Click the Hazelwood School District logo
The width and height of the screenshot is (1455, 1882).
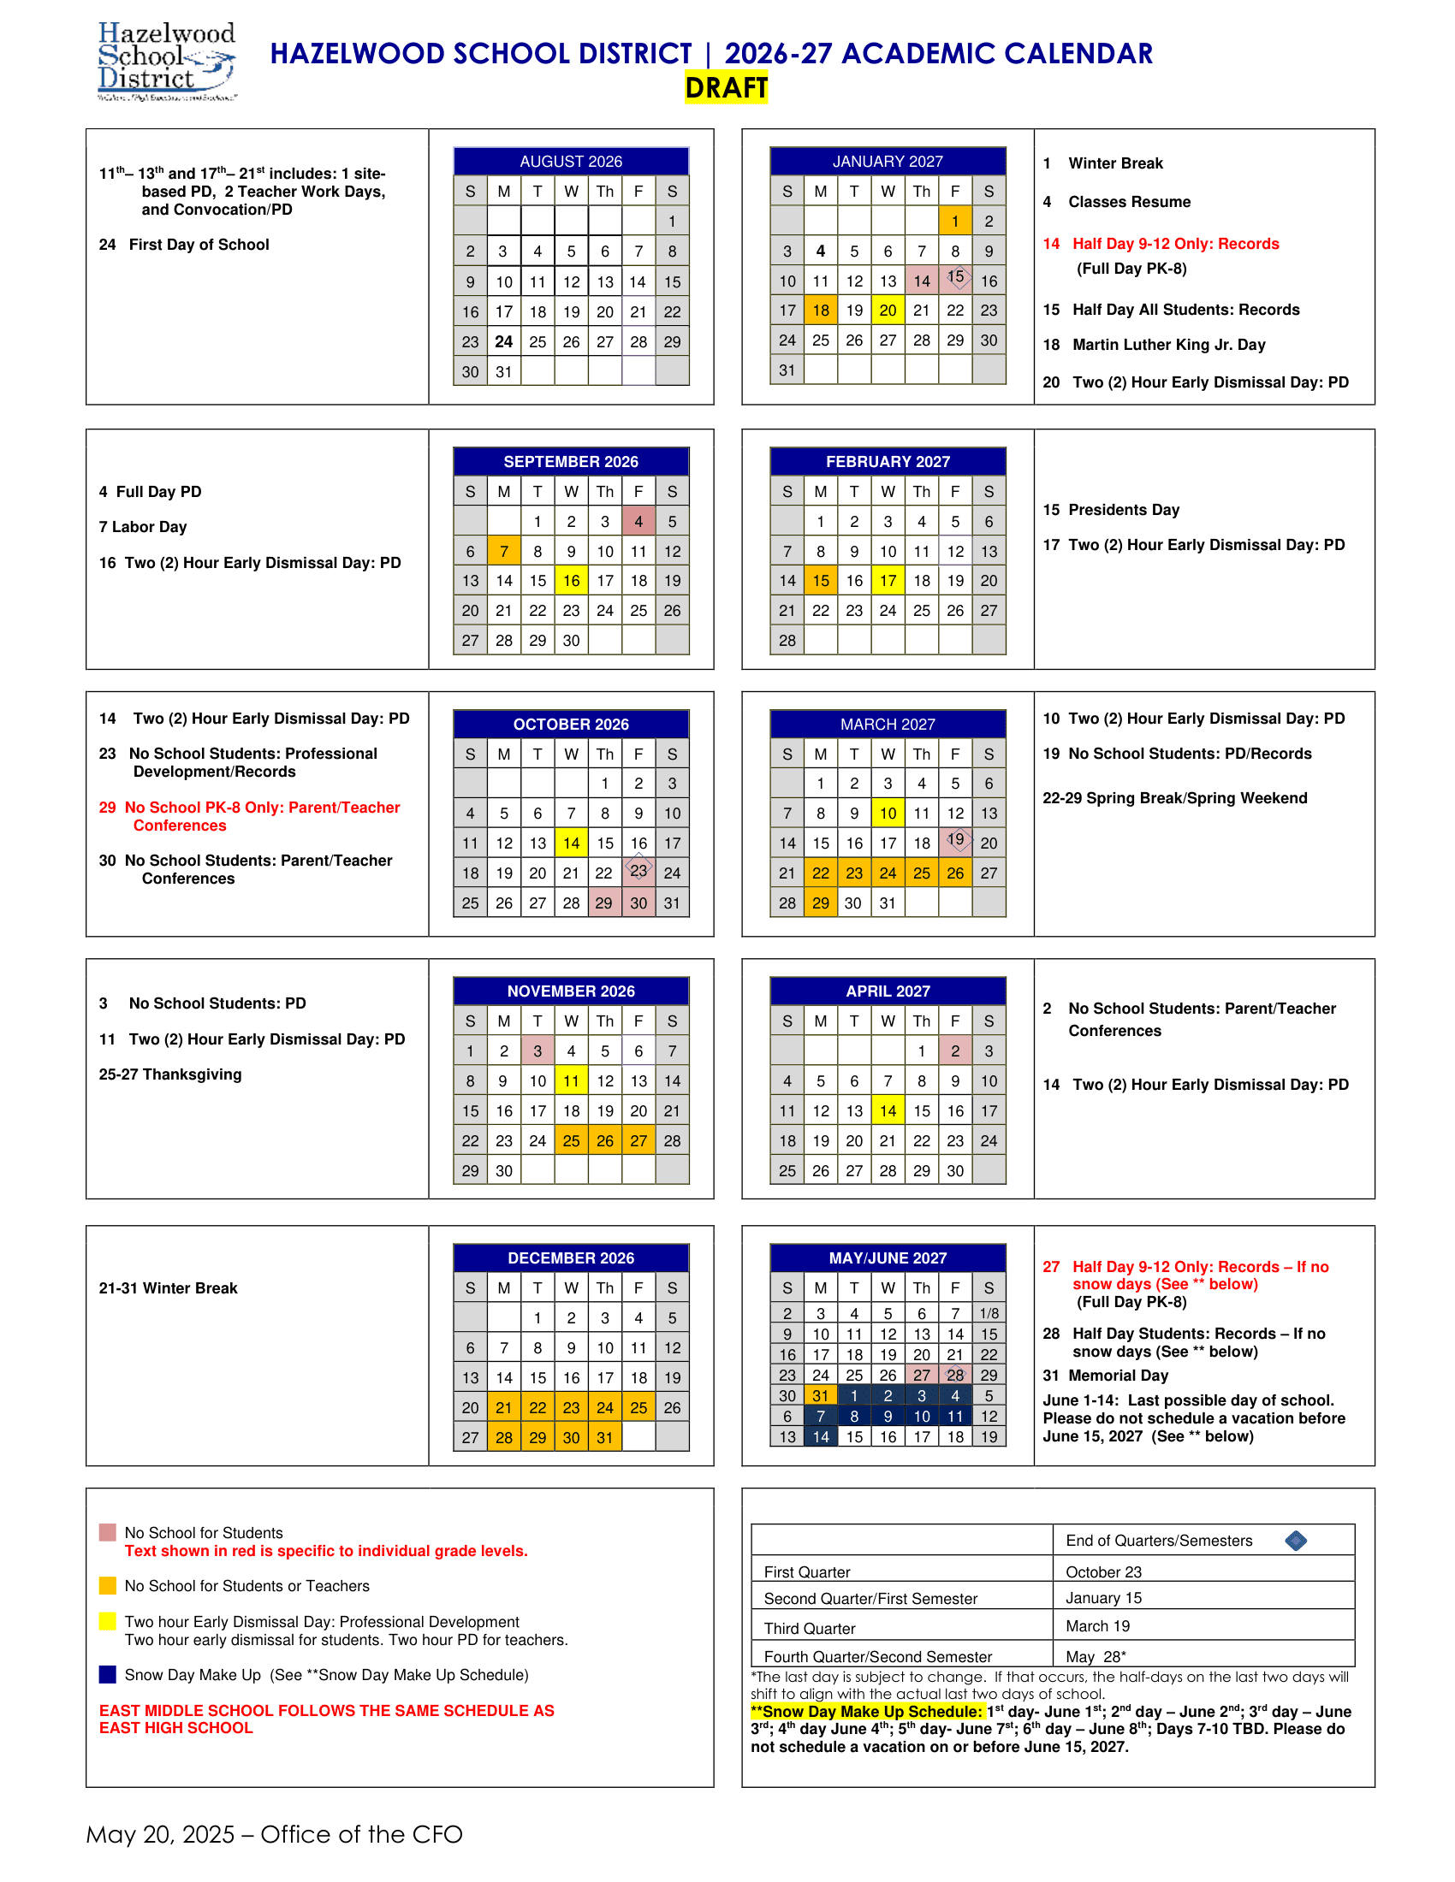(166, 62)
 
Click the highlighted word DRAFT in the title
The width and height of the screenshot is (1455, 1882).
(726, 88)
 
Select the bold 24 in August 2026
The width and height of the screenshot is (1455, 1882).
(503, 342)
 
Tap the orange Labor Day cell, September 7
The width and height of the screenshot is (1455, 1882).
(503, 552)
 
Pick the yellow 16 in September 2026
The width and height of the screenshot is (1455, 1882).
(571, 581)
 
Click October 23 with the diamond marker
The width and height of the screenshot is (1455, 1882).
(638, 871)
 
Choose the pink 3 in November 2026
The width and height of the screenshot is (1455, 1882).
(537, 1051)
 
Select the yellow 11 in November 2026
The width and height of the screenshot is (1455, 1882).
(571, 1081)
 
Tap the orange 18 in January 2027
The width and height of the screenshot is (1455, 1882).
(820, 311)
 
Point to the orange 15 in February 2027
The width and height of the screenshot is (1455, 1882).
(820, 581)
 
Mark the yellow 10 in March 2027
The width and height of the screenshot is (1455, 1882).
(887, 814)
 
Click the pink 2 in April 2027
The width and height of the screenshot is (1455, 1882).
(954, 1051)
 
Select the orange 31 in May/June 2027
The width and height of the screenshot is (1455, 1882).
(820, 1396)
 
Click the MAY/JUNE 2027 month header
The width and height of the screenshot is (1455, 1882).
(887, 1258)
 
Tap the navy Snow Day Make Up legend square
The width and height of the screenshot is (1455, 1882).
(108, 1674)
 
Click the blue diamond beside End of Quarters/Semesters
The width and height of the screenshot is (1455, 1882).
(1295, 1541)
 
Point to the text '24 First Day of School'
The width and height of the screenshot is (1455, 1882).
(184, 245)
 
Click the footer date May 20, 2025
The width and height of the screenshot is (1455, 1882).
(160, 1835)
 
